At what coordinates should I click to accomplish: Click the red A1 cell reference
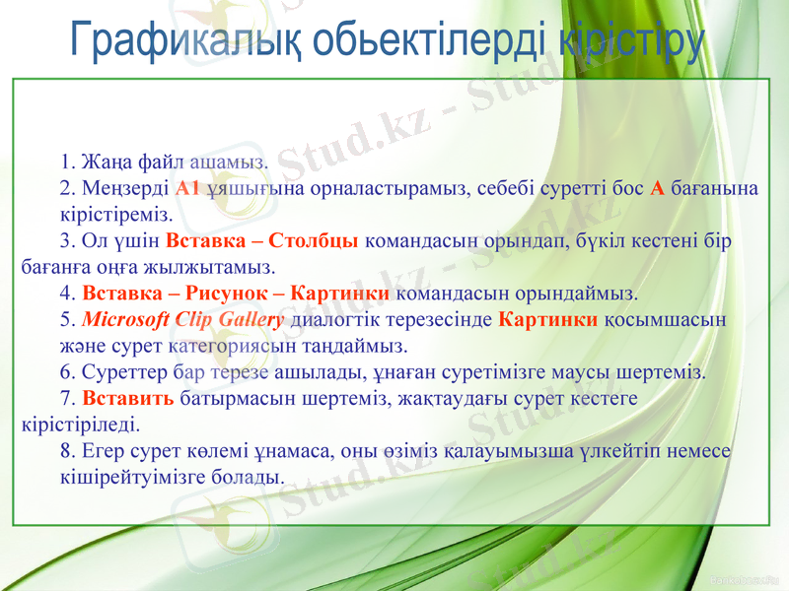coord(187,188)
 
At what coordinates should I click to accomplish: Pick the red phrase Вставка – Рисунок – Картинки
coord(236,294)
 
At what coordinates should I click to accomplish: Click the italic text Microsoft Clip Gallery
coord(183,320)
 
